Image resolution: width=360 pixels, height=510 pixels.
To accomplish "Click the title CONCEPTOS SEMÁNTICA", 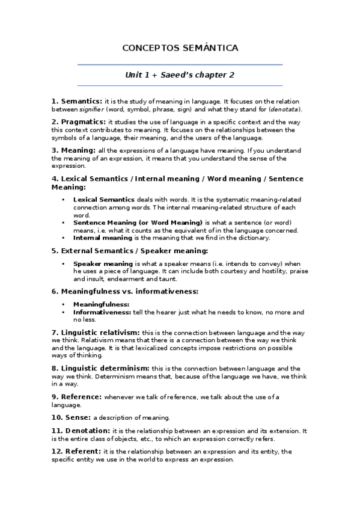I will tap(180, 48).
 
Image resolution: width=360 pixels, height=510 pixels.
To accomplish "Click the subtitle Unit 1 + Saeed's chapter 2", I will tap(179, 75).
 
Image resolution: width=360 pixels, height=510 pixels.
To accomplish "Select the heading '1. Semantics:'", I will tap(77, 102).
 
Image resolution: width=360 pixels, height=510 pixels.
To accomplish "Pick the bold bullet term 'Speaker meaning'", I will tap(103, 264).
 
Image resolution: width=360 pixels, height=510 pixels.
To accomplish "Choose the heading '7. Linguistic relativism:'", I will tap(96, 332).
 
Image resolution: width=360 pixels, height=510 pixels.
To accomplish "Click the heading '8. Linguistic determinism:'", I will tap(100, 367).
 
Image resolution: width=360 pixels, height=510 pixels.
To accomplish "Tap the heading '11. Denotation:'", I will tap(81, 431).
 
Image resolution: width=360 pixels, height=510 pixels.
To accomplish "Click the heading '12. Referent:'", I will tap(76, 451).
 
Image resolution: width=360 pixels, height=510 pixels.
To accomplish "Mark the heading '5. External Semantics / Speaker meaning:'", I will tap(130, 251).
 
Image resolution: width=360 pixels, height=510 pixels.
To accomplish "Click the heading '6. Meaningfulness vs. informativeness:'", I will tap(124, 292).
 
